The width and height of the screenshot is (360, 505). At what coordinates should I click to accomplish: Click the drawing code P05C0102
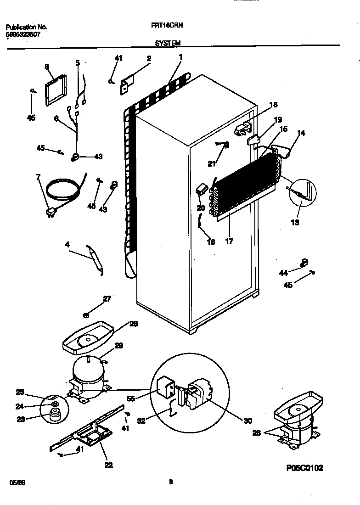pyautogui.click(x=305, y=468)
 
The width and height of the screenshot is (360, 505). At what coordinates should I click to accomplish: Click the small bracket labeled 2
pyautogui.click(x=126, y=85)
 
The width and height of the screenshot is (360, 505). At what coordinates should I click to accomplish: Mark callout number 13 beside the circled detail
pyautogui.click(x=295, y=223)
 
